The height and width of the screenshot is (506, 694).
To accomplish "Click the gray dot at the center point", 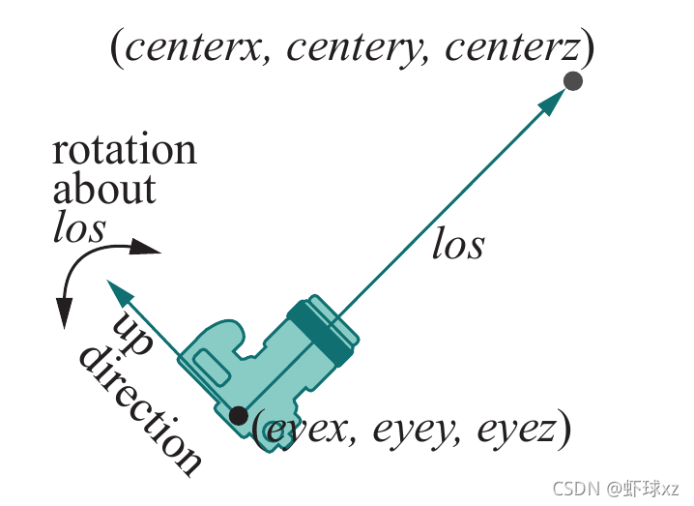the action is (572, 81).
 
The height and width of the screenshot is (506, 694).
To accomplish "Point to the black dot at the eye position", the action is (238, 416).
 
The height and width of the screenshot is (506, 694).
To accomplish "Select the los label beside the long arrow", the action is (457, 245).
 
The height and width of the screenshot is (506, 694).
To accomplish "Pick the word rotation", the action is (124, 150).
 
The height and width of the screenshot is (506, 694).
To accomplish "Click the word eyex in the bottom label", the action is (304, 430).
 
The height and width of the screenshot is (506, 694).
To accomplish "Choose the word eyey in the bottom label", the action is (407, 430).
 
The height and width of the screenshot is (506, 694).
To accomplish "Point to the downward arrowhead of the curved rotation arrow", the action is (64, 313).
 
